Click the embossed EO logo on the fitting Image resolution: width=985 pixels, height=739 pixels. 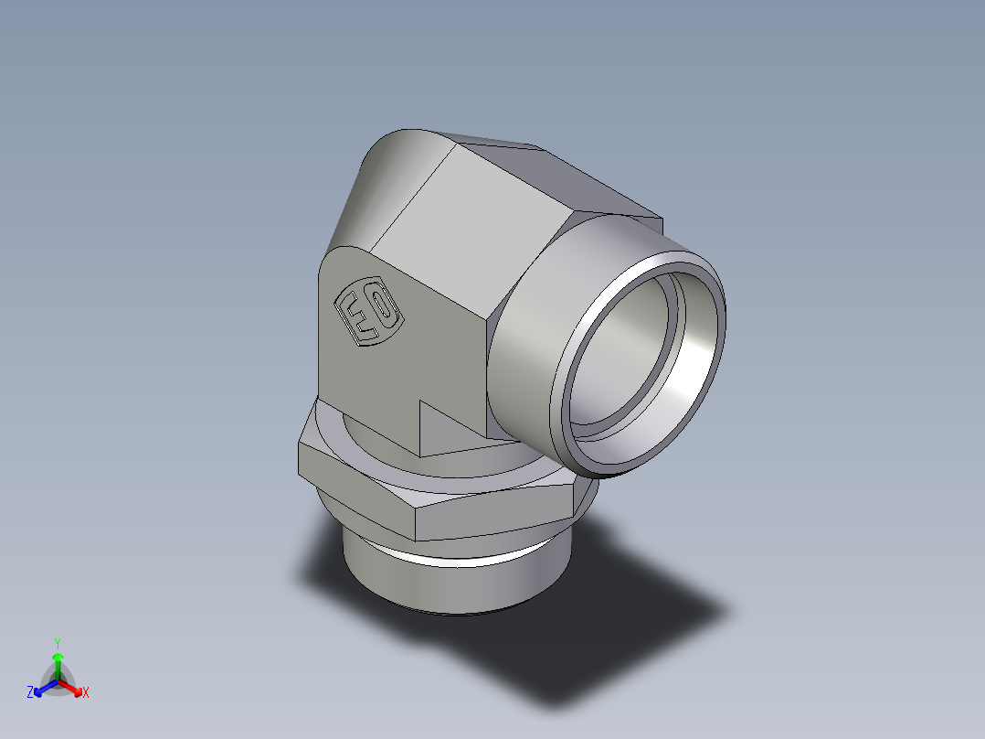tap(369, 314)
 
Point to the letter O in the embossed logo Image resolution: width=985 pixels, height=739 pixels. tap(384, 309)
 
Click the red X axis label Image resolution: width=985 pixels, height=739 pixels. tap(86, 693)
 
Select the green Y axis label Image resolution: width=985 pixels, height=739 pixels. tap(58, 643)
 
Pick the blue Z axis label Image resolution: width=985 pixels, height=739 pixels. tap(31, 693)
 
